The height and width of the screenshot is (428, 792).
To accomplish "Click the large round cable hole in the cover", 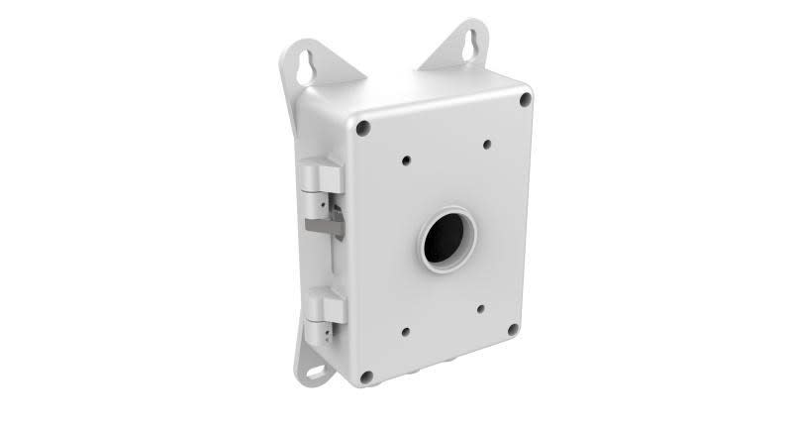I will (447, 238).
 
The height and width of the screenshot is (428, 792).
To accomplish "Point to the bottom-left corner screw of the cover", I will (366, 375).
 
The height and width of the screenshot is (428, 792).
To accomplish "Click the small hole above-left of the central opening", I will (406, 158).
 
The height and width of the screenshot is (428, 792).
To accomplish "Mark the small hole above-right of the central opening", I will (487, 145).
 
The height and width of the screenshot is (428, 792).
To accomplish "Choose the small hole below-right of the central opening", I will (480, 308).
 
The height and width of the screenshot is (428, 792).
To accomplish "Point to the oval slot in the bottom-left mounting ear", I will (318, 373).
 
